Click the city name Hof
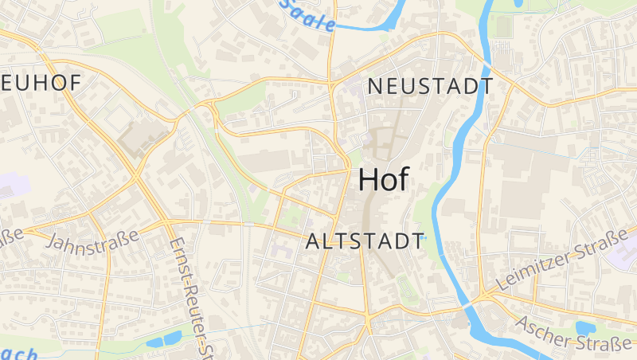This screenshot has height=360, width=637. (x=384, y=180)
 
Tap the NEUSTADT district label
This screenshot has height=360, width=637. (x=430, y=87)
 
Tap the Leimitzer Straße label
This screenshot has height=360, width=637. (x=561, y=260)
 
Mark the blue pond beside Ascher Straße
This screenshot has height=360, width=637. (x=586, y=328)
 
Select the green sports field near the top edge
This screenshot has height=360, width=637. (x=503, y=25)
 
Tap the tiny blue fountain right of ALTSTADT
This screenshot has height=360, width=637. (x=424, y=238)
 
